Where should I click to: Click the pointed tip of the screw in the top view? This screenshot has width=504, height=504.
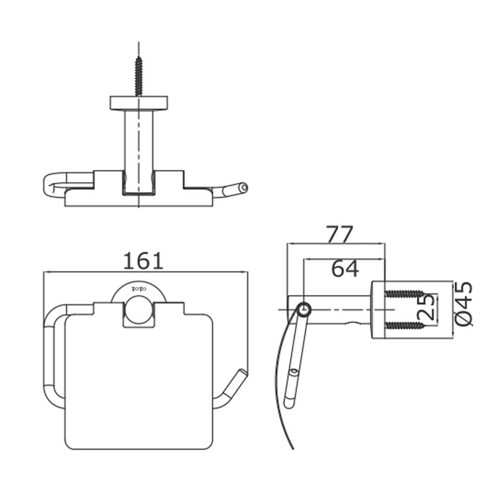(x=139, y=56)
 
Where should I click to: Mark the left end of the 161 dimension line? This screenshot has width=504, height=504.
(x=43, y=272)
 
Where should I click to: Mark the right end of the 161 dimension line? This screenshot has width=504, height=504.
(x=248, y=272)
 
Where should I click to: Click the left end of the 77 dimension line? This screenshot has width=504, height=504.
(x=287, y=243)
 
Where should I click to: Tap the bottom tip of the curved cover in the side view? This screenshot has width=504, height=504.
(x=292, y=449)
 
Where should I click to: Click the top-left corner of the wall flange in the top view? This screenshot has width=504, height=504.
(x=110, y=96)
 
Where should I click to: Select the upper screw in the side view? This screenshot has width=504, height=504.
(x=404, y=293)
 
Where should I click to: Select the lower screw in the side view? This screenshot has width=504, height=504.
(x=404, y=326)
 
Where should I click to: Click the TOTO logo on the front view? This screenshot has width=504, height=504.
(x=139, y=289)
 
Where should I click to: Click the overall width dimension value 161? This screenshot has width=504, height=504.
(x=143, y=261)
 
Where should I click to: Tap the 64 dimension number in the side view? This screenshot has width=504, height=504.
(x=345, y=269)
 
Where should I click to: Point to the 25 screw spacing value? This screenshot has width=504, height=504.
(x=427, y=307)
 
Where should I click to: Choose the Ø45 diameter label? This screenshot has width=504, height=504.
(x=464, y=304)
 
